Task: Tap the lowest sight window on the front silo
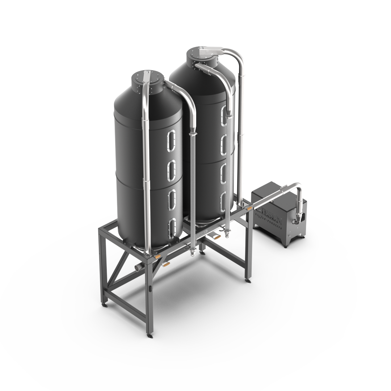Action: (172, 227)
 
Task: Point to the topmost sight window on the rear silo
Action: (224, 114)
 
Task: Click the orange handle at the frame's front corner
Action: (158, 256)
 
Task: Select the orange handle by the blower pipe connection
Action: (249, 209)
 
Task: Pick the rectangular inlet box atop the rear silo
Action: (209, 50)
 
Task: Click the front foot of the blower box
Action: (286, 246)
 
